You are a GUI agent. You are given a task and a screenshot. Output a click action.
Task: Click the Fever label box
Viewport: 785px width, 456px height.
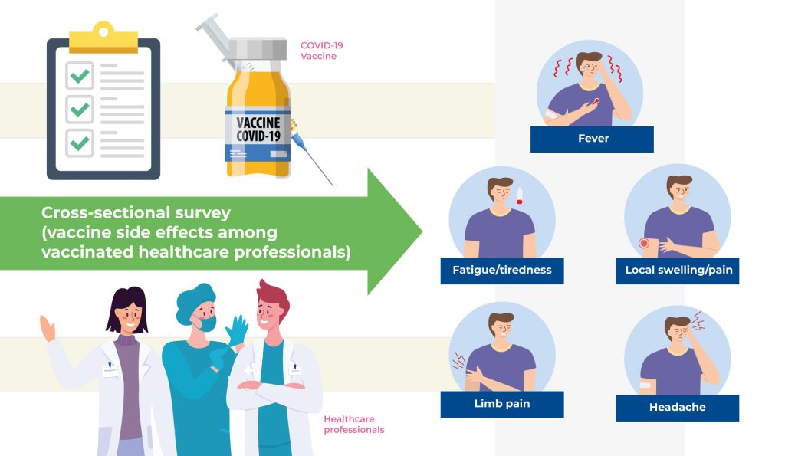click(592, 139)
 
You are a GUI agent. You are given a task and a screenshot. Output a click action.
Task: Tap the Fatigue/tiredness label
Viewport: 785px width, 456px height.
click(502, 270)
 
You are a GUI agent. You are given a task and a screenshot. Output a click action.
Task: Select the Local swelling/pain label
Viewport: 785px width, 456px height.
click(677, 270)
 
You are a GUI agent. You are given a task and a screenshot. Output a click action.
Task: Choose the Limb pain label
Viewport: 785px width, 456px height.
click(502, 404)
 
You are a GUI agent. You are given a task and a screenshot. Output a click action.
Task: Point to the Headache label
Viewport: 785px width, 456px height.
click(677, 408)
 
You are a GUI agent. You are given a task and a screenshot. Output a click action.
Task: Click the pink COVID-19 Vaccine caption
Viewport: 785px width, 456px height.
click(321, 51)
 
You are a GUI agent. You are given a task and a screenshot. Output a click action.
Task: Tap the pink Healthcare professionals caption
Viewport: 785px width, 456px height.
click(353, 425)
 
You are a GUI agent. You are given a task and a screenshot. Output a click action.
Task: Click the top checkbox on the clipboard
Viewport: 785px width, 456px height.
click(79, 76)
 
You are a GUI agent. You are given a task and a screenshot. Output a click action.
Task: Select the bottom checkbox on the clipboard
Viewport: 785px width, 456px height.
click(79, 143)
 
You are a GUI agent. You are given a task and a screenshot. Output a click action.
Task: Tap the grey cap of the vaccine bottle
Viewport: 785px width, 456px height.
click(258, 50)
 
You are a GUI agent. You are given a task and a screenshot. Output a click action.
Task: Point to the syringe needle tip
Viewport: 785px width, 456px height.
click(331, 184)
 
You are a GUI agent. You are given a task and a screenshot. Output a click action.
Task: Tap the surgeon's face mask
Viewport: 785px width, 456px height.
click(205, 323)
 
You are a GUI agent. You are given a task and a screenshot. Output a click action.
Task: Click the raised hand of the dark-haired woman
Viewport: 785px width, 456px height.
click(48, 328)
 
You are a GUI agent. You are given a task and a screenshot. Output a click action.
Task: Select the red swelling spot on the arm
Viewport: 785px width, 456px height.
click(644, 244)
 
